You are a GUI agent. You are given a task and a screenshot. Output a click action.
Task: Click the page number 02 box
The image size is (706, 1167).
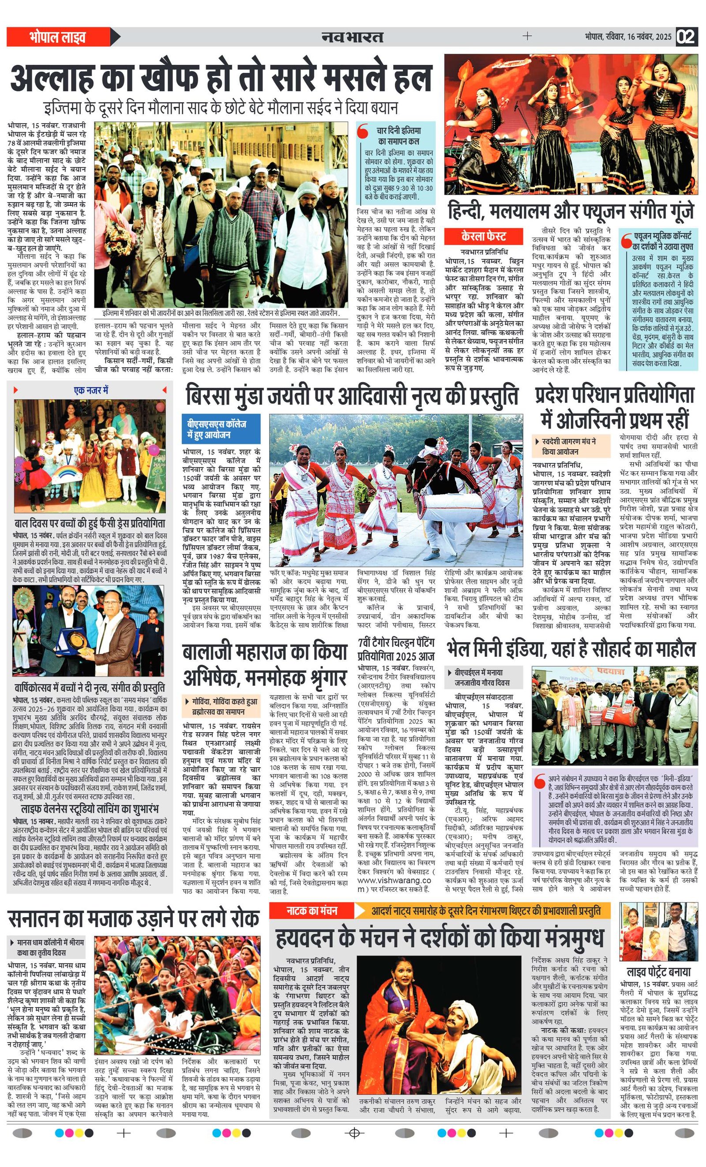[x=686, y=37]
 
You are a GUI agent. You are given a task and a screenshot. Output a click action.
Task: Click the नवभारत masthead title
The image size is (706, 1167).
[x=352, y=37]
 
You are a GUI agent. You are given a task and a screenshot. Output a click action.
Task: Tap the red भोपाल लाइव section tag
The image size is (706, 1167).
[x=57, y=37]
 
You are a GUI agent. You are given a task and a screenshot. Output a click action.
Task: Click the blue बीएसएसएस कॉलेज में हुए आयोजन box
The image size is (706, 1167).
[x=221, y=428]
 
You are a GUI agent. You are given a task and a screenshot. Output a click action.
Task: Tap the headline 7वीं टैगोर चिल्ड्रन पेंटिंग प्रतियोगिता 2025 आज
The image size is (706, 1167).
[x=396, y=650]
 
